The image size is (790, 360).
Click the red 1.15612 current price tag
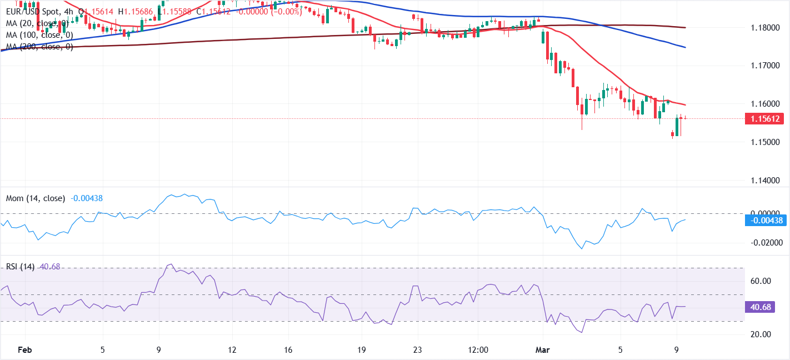[x=767, y=118]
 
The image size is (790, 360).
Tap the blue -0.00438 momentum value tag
[x=767, y=221]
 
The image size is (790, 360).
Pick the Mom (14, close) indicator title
[x=36, y=198]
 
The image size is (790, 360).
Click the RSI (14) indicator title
[x=20, y=267]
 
